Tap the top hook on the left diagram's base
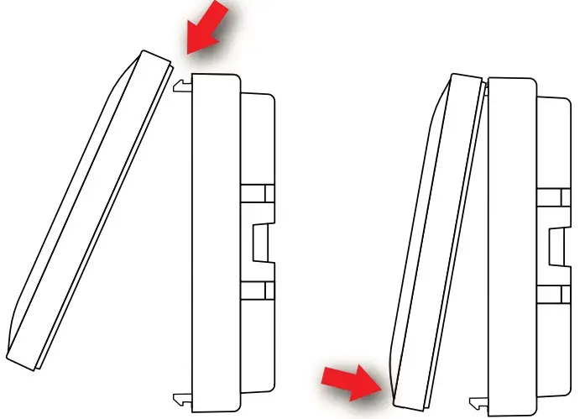[181, 84]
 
